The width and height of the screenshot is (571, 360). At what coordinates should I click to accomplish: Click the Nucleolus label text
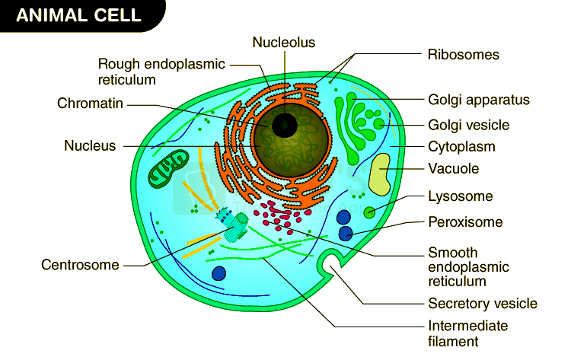click(x=284, y=43)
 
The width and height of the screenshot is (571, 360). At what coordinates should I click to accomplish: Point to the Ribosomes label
click(x=463, y=55)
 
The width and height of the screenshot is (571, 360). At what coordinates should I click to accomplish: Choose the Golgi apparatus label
click(x=478, y=100)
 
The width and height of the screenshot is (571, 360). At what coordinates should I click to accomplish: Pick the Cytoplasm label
click(x=461, y=146)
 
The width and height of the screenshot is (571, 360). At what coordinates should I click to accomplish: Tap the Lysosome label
click(x=460, y=196)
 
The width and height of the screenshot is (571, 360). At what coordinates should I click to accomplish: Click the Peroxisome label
click(x=465, y=222)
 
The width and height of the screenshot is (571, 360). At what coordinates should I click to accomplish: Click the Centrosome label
click(x=80, y=265)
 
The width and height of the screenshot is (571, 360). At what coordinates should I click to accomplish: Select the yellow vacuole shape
click(x=381, y=174)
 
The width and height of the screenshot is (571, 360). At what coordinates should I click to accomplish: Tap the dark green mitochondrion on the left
click(x=167, y=168)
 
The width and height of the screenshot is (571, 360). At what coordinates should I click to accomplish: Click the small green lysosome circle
click(x=369, y=212)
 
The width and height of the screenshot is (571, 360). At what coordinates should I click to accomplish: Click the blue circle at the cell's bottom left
click(x=219, y=273)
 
